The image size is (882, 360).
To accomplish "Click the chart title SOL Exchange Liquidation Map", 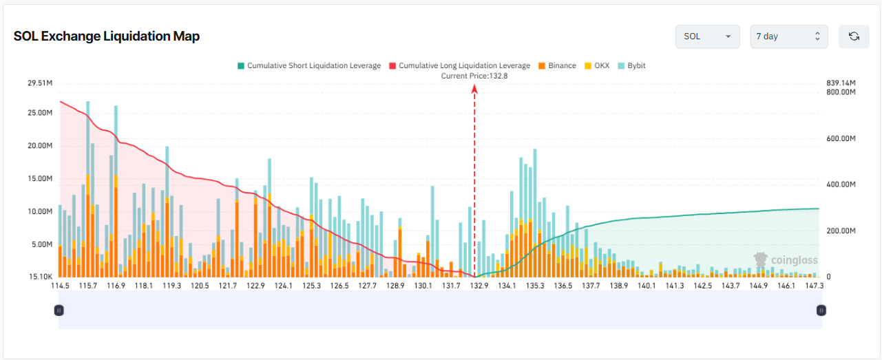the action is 106,36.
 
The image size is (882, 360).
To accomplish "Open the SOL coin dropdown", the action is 708,36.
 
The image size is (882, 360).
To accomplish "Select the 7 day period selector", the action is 789,36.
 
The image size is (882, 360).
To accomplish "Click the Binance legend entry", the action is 557,65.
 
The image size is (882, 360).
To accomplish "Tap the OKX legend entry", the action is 597,65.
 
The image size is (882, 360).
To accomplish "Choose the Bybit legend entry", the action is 631,65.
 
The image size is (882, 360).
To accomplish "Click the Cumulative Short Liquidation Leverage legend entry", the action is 309,65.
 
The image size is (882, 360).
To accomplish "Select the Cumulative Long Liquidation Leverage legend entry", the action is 459,65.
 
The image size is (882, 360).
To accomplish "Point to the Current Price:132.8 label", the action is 474,76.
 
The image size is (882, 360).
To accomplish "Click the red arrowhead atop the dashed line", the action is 474,89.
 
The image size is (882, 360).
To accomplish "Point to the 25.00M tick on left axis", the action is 40,113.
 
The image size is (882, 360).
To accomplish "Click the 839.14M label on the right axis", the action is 841,83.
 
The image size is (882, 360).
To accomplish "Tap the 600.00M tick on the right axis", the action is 841,138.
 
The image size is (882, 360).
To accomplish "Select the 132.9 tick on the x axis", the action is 479,286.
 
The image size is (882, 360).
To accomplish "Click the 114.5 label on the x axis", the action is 60,286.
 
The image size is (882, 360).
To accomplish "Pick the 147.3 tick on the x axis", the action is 815,286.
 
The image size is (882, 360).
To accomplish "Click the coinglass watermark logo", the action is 786,260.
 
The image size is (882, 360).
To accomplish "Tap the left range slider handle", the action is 59,310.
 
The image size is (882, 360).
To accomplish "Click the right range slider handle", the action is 821,310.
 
